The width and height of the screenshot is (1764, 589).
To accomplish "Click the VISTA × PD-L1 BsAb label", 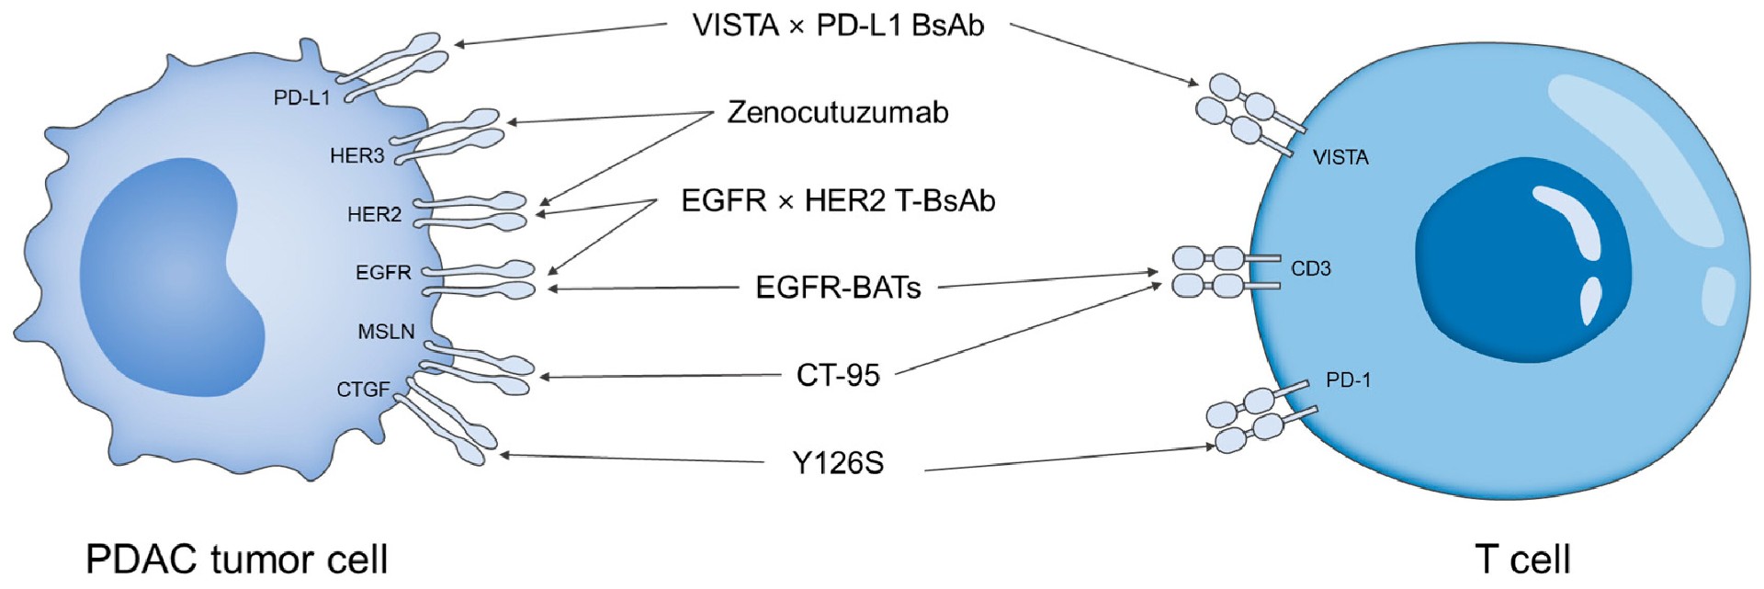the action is click(838, 26).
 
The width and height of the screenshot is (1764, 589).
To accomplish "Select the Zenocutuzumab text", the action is click(838, 112).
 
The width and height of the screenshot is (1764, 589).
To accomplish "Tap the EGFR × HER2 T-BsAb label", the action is click(838, 200).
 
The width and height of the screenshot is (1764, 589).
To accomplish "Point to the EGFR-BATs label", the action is click(838, 288).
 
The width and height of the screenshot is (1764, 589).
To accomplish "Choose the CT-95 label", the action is click(838, 375).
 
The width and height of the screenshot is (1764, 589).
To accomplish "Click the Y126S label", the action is click(838, 463).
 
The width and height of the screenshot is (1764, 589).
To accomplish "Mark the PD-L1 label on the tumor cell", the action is click(301, 97).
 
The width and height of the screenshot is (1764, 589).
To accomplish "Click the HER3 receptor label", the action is click(356, 156).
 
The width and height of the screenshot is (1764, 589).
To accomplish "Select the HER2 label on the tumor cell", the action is click(374, 215).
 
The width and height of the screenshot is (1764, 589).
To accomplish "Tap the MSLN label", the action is click(386, 332).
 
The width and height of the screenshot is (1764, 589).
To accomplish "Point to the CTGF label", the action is click(363, 390).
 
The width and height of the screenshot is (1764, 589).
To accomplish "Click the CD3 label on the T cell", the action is click(1311, 268).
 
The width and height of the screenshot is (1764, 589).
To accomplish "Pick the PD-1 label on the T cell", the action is click(1348, 379).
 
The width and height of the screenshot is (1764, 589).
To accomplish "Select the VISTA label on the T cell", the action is click(1340, 157).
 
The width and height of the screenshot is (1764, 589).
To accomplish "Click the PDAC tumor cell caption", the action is click(237, 559).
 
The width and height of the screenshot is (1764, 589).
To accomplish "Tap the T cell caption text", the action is click(1522, 559).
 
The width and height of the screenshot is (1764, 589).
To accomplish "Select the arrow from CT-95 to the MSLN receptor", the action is click(660, 376).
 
